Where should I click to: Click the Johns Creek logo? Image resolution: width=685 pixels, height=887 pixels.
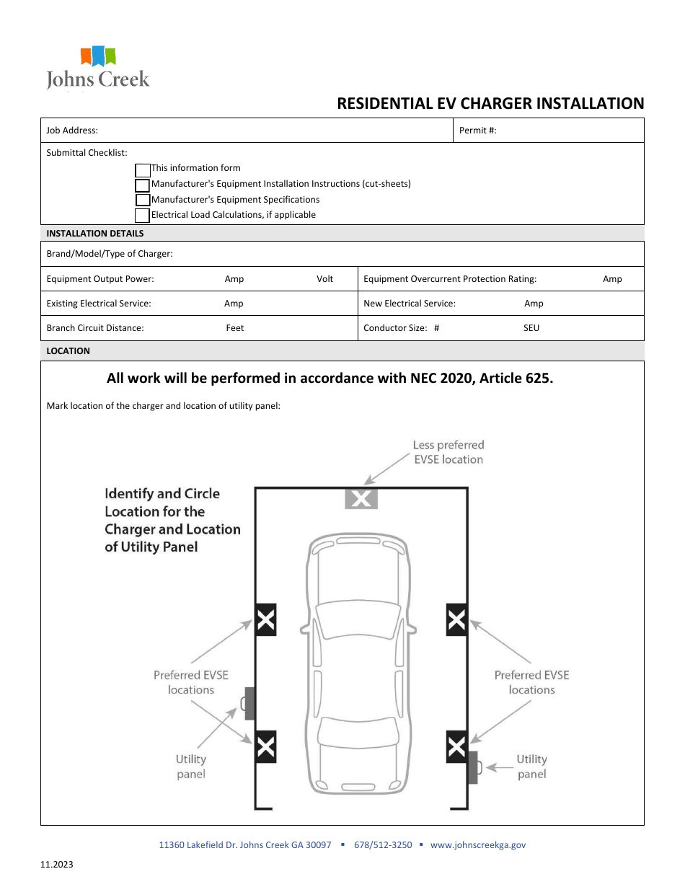98,68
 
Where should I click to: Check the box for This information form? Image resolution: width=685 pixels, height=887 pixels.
143,170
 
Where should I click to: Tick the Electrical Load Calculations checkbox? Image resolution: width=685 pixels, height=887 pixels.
143,216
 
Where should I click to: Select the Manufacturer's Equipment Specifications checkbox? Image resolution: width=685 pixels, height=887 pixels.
143,200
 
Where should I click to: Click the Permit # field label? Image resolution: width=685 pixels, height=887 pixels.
478,131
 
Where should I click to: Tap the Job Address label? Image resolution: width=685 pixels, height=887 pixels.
72,131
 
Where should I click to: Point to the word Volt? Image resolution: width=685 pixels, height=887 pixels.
324,279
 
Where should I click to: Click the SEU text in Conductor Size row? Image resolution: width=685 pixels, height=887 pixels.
531,328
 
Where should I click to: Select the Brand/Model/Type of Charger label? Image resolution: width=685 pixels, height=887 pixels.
110,254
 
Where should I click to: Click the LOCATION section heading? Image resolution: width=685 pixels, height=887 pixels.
68,351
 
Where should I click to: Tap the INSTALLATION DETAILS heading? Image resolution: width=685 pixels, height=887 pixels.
95,234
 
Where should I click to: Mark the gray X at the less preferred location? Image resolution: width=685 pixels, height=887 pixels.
361,498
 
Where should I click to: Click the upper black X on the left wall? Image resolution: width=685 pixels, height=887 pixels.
266,619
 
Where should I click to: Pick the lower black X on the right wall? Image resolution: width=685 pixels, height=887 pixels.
456,746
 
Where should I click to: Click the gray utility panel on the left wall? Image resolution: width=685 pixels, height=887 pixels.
249,703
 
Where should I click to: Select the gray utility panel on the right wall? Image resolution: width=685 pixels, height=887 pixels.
473,767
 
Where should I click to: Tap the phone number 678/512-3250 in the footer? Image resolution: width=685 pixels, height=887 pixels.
383,844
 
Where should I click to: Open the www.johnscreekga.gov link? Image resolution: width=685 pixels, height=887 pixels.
478,844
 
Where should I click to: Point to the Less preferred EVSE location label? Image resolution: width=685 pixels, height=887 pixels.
448,452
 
